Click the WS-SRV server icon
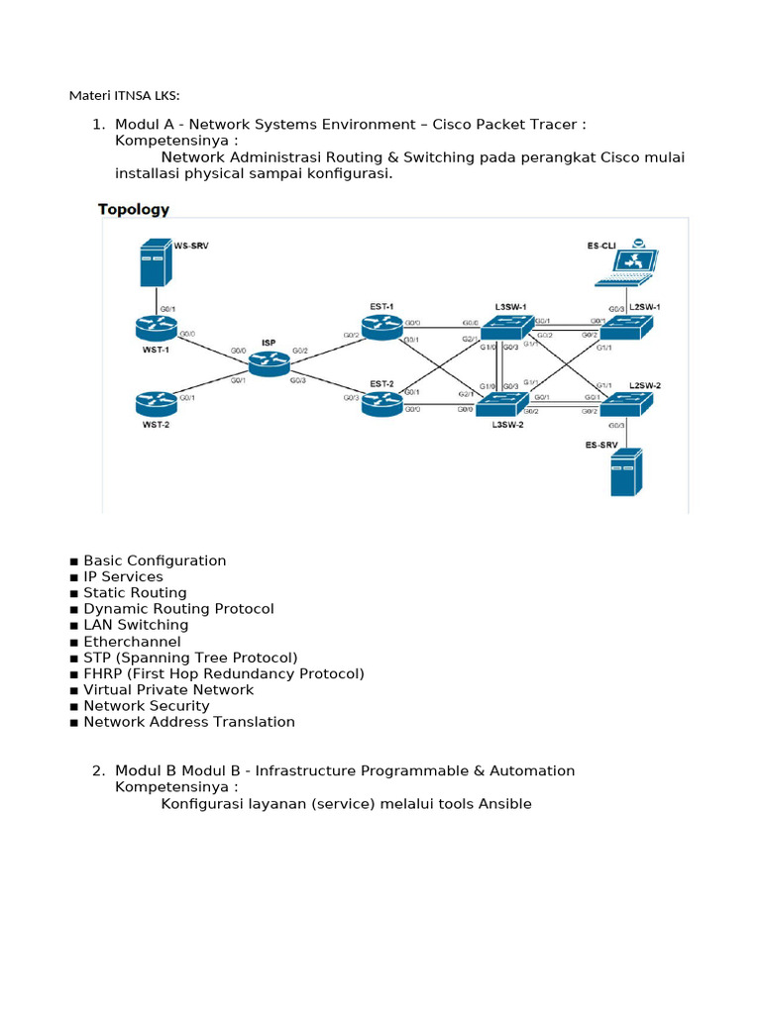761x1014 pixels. coord(154,262)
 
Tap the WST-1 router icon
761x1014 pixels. coord(156,326)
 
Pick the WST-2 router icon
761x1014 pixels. coord(156,403)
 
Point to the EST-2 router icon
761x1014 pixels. coord(381,402)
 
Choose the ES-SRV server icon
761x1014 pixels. coord(625,472)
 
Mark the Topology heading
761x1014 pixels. coord(134,210)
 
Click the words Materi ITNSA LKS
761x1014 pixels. coord(125,96)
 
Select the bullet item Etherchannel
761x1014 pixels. coord(132,642)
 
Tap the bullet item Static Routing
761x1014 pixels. coord(135,593)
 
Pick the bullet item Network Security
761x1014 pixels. coord(147,706)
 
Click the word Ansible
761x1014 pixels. coord(505,804)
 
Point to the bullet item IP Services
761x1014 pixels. coord(123,576)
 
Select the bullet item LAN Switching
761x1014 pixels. coord(136,625)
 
